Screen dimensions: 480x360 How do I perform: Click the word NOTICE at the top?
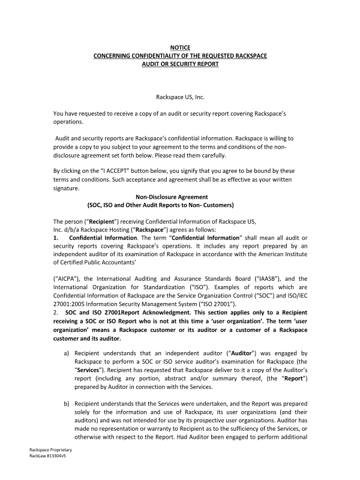[x=180, y=46]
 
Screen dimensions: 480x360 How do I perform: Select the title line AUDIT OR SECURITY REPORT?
[x=180, y=63]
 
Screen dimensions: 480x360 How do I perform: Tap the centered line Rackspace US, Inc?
[x=180, y=96]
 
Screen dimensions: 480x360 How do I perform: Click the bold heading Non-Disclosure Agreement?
[x=179, y=196]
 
